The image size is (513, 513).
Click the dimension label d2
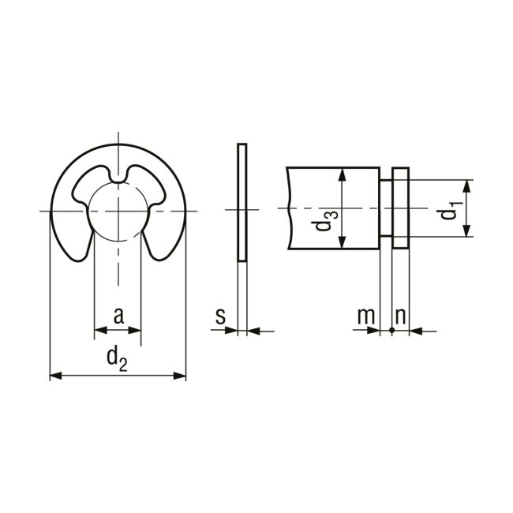(x=117, y=359)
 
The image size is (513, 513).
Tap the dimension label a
(x=118, y=316)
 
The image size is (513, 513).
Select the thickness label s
(x=221, y=316)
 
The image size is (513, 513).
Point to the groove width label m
(x=366, y=316)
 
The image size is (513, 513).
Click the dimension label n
(x=400, y=316)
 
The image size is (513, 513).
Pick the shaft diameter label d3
(x=324, y=221)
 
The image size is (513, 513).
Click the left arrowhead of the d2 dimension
(x=56, y=376)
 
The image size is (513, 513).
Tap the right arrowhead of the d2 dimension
(x=180, y=376)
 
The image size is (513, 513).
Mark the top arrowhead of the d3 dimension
(x=343, y=174)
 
